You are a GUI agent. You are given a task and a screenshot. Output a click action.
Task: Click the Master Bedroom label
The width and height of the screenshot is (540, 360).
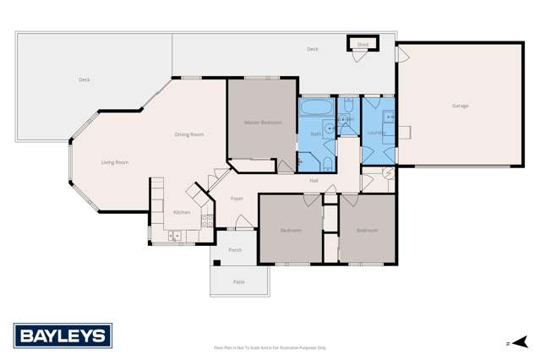pyautogui.click(x=263, y=123)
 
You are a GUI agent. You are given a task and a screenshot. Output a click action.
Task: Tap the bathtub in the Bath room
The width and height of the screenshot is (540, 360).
pyautogui.click(x=317, y=108)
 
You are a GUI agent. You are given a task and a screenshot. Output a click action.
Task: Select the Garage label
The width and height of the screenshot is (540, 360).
pyautogui.click(x=460, y=106)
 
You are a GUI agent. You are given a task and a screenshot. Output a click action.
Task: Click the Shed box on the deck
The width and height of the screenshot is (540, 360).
pyautogui.click(x=363, y=44)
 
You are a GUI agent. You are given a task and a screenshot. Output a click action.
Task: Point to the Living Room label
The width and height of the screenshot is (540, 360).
pyautogui.click(x=115, y=162)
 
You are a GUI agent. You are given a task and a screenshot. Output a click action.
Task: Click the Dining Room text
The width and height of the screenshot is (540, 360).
pyautogui.click(x=189, y=134)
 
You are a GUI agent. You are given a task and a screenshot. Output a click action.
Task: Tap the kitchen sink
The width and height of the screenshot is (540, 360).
pyautogui.click(x=175, y=236)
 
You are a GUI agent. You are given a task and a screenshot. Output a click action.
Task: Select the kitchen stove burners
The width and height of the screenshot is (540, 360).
pyautogui.click(x=206, y=221)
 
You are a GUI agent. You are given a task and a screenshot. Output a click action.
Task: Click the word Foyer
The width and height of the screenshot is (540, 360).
pyautogui.click(x=237, y=199)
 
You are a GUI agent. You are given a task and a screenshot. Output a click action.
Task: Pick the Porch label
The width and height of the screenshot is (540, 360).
pyautogui.click(x=235, y=250)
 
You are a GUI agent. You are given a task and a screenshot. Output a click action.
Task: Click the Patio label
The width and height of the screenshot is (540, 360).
pyautogui.click(x=238, y=281)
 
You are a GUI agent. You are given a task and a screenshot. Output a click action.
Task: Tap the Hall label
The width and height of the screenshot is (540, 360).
pyautogui.click(x=314, y=180)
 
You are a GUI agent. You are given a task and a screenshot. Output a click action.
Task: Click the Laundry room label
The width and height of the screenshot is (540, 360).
pyautogui.click(x=376, y=133)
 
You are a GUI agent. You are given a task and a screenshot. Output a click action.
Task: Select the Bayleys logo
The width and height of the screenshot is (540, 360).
pyautogui.click(x=63, y=335)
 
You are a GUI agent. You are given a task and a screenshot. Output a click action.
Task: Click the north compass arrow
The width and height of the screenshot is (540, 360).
pyautogui.click(x=519, y=342)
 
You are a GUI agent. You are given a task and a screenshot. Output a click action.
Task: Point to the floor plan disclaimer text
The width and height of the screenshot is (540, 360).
pyautogui.click(x=270, y=347)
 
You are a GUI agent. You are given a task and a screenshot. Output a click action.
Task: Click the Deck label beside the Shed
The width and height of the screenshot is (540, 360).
pyautogui.click(x=313, y=49)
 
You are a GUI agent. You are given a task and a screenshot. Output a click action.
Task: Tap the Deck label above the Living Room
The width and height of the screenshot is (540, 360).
pyautogui.click(x=84, y=79)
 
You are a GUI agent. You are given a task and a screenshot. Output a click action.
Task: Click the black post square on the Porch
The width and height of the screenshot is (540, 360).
pyautogui.click(x=217, y=263)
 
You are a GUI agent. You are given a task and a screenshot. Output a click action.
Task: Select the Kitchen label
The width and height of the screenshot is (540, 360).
pyautogui.click(x=182, y=212)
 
